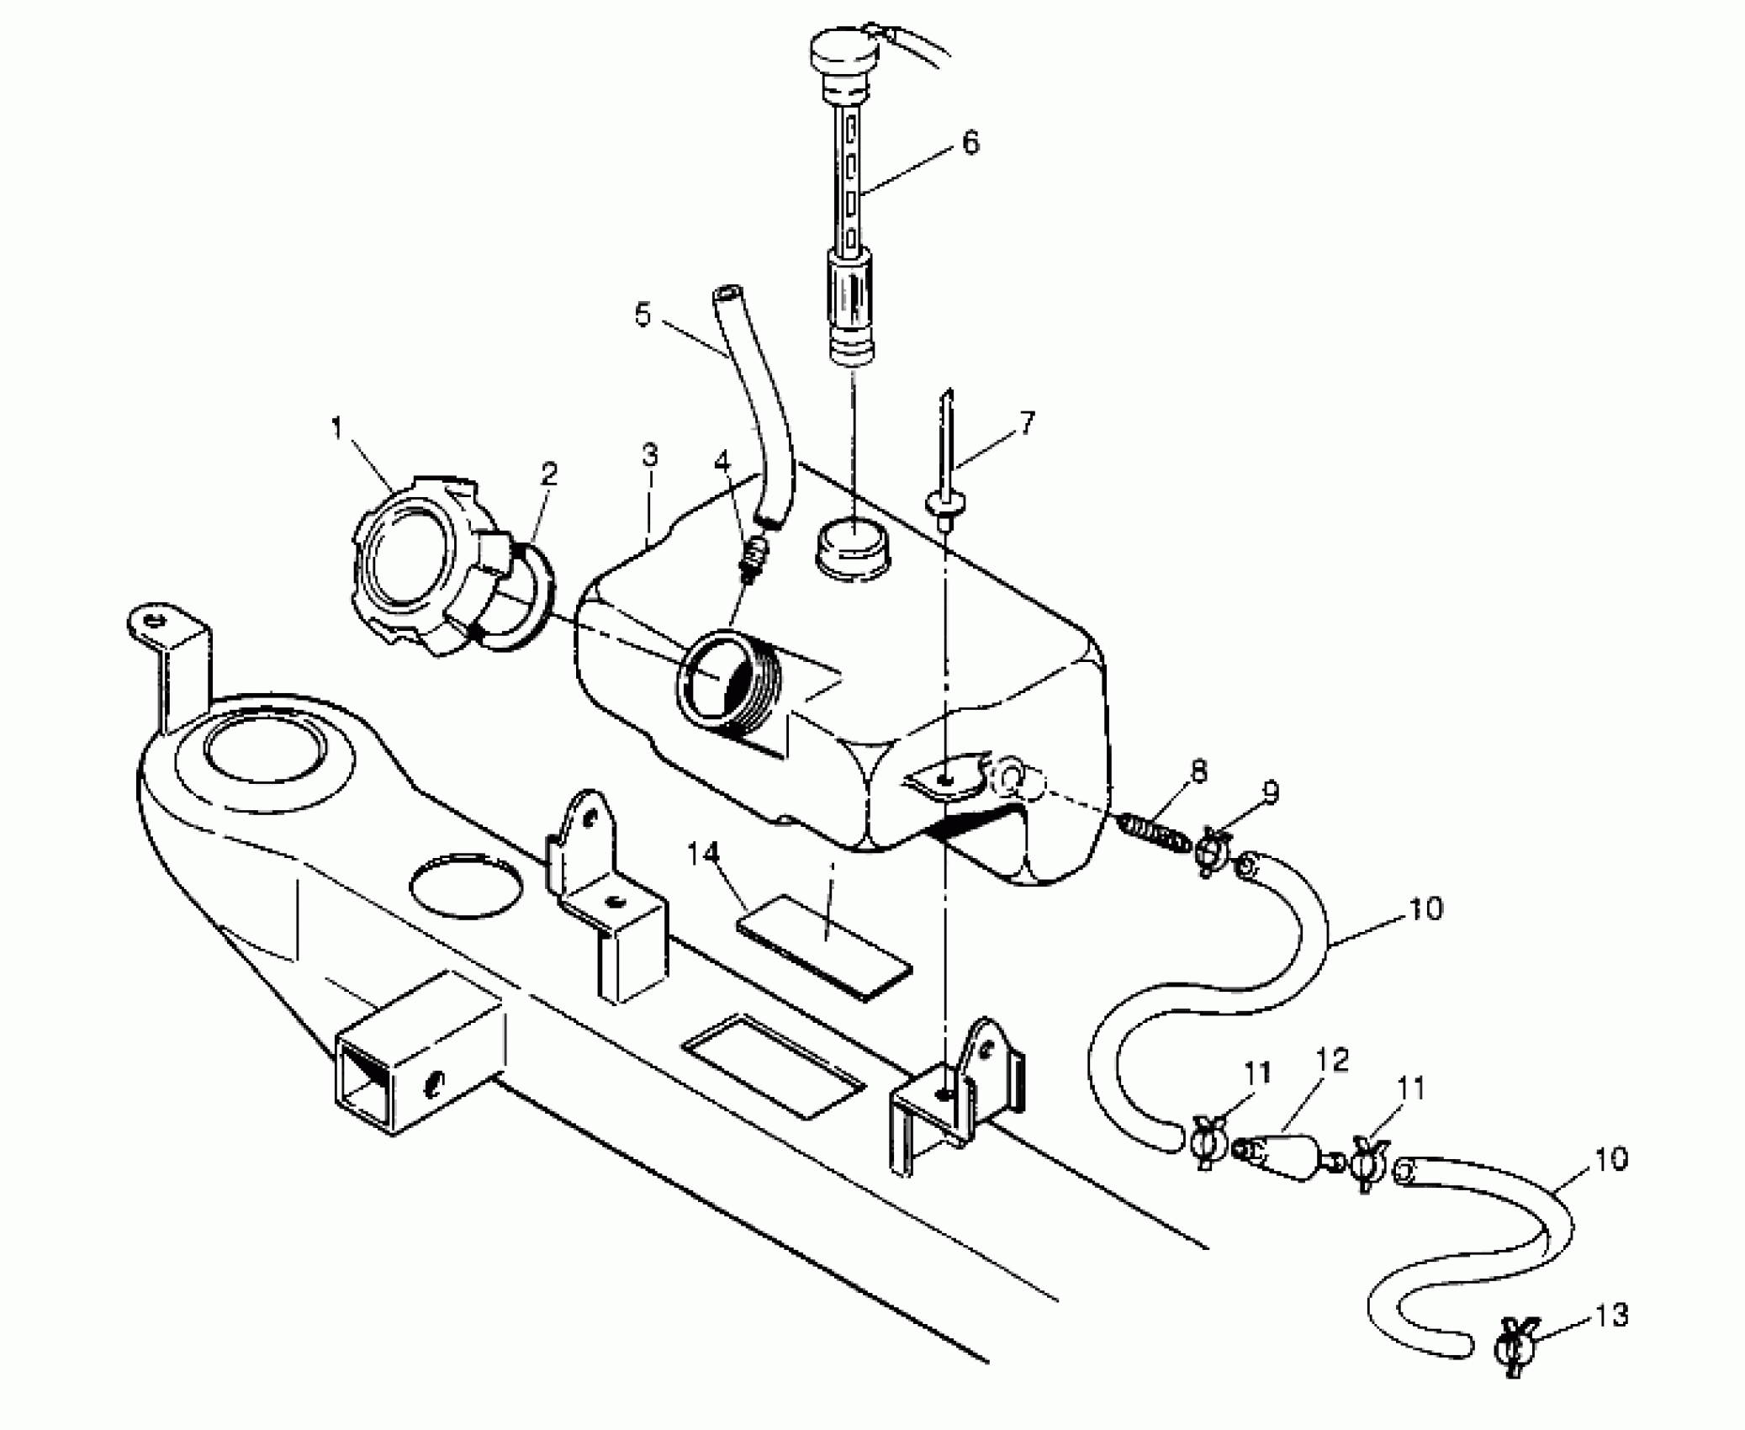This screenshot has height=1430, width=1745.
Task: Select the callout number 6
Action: click(x=970, y=143)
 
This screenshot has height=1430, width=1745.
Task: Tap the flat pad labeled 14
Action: click(x=824, y=946)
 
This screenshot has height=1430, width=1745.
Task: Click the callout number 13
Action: click(x=1610, y=1315)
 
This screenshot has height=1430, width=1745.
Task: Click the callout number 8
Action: click(x=1198, y=771)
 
